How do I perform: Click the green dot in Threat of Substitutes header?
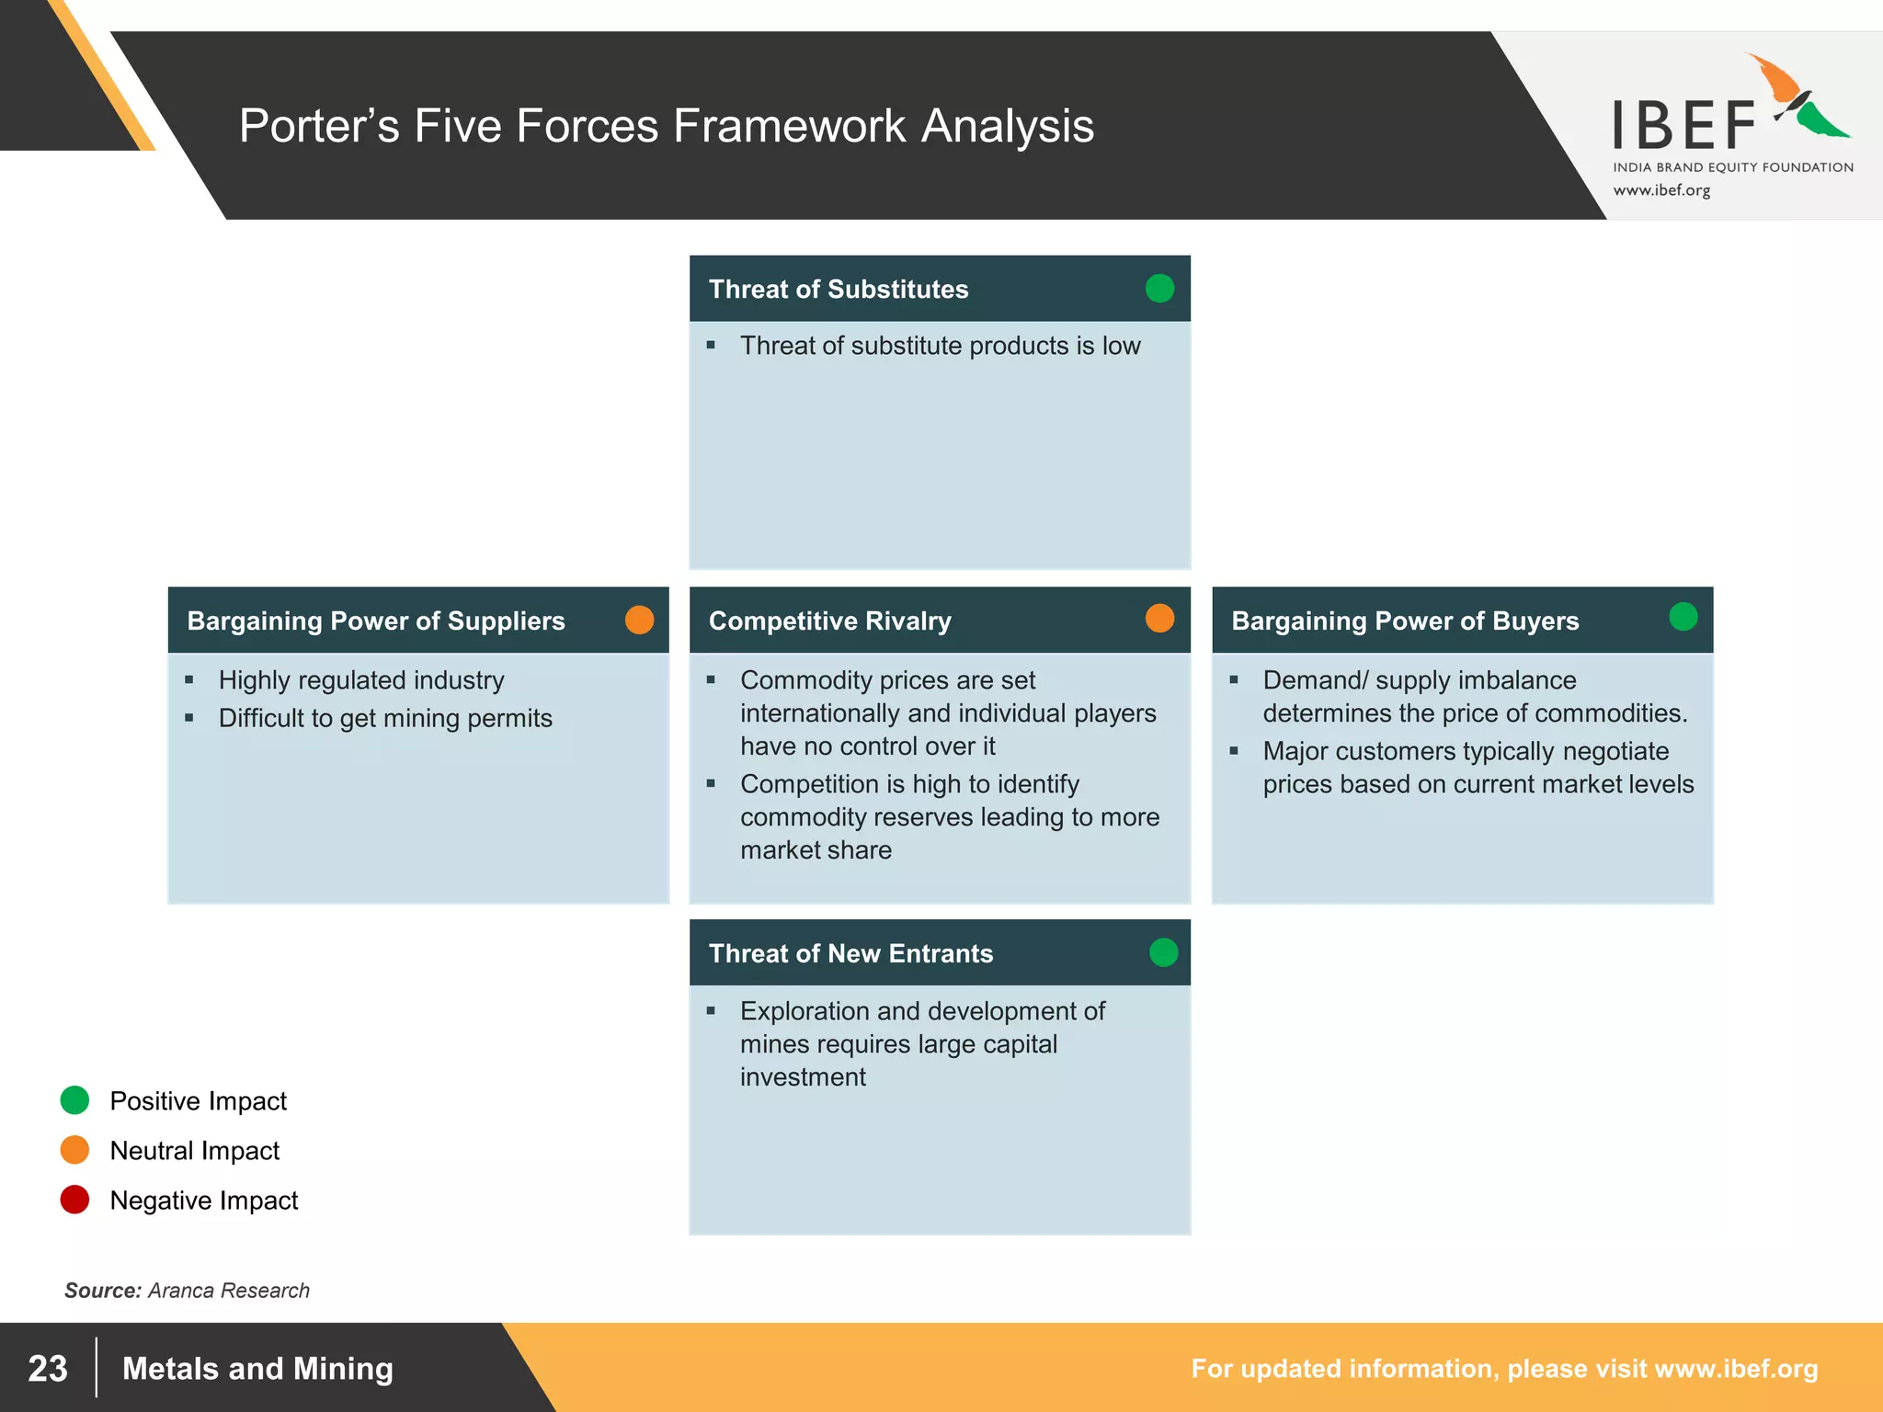1159,289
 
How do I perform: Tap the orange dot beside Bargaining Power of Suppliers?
639,620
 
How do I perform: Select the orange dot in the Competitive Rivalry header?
1159,619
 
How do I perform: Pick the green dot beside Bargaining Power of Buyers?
1683,617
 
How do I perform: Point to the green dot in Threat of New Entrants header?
1163,952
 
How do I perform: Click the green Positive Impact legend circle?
74,1100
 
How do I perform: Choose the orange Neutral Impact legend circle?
74,1150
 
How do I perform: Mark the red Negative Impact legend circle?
74,1200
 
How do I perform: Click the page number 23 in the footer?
48,1369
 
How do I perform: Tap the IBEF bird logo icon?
1797,97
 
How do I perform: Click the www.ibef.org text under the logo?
1661,190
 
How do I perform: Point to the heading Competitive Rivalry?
829,621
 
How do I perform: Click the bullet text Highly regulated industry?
361,680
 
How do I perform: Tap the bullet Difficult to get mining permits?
385,718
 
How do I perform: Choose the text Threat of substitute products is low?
940,346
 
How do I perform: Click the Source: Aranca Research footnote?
187,1291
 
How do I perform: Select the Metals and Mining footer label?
257,1369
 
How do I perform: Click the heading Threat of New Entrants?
850,953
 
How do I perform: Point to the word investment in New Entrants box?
803,1077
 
